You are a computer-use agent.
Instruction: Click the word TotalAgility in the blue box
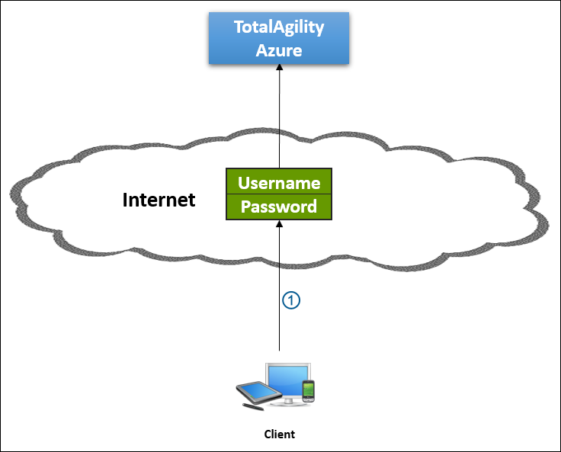point(279,27)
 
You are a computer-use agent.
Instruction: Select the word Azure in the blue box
point(279,51)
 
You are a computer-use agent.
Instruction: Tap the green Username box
point(279,183)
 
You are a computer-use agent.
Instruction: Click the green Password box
point(279,207)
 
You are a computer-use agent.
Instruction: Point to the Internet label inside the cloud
point(159,200)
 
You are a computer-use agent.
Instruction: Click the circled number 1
point(291,300)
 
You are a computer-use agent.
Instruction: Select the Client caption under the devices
point(279,434)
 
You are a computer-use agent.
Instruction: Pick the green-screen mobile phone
point(308,390)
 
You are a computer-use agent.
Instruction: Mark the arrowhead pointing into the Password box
point(279,225)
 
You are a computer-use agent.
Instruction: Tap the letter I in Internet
point(126,200)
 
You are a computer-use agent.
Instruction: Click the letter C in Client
point(267,434)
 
